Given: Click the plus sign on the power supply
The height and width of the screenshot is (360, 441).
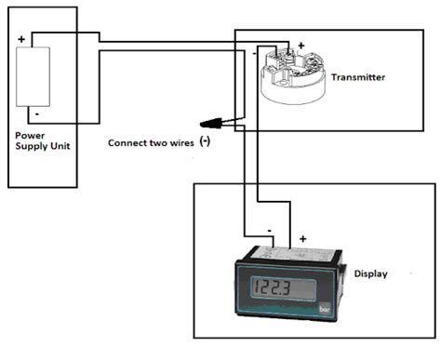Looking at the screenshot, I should point(21,40).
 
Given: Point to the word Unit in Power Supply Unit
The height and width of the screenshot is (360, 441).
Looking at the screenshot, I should point(57,146).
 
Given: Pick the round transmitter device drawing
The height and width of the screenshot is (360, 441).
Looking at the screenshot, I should point(296,78).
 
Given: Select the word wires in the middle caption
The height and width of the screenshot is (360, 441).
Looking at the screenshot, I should point(180,143).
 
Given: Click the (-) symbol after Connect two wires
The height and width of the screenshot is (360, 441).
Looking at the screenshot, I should point(206,142).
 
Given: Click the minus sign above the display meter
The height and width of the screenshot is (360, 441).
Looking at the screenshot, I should point(268,226).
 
